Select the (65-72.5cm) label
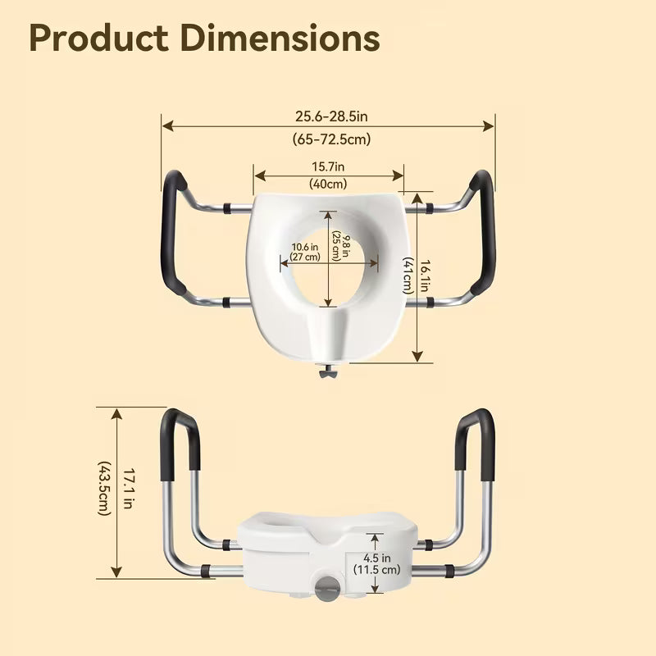tap(331, 139)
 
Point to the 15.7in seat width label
tap(328, 167)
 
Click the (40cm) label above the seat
tap(328, 184)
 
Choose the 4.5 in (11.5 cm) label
tap(376, 564)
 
